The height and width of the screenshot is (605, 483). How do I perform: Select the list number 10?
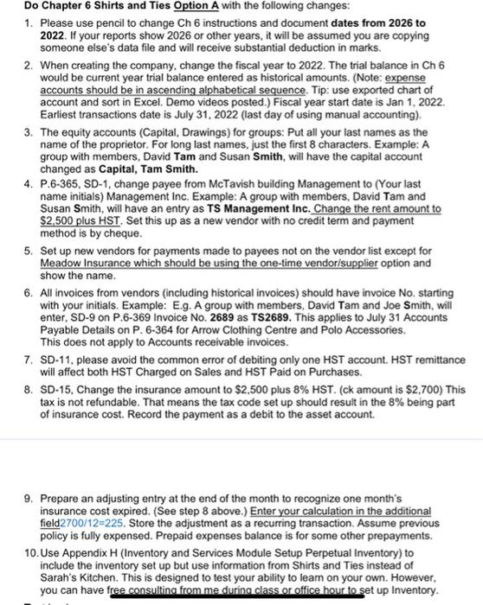[x=28, y=551]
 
